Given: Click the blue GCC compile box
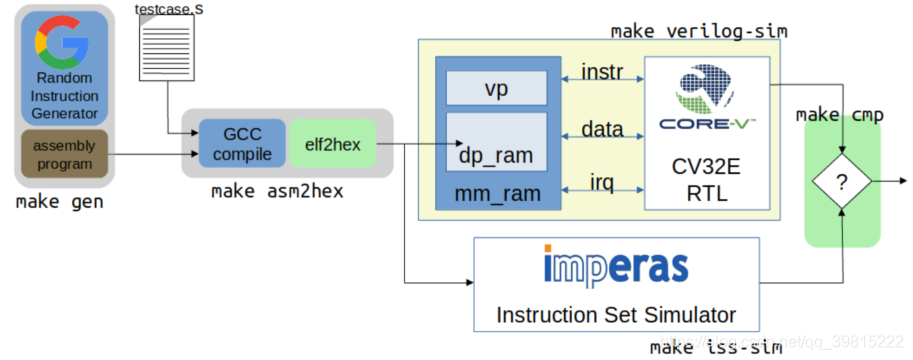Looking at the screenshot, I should click(242, 144).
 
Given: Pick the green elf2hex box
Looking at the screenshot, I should click(332, 144).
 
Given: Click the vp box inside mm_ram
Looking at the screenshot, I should click(496, 89).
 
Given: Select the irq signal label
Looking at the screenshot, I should click(600, 182).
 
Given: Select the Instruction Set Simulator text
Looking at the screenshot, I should click(617, 314).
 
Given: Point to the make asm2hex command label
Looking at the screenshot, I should click(277, 192).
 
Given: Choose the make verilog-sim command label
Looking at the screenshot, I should click(698, 31).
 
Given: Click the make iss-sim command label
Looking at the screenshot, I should click(715, 347).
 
